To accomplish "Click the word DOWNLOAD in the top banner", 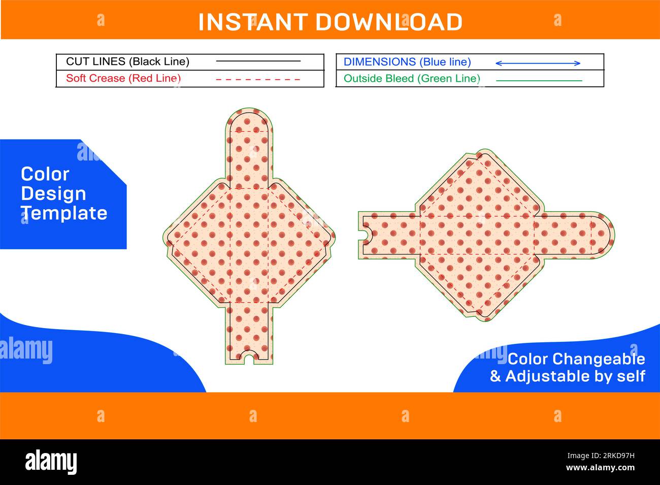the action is click(x=389, y=22).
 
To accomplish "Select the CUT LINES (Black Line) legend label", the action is click(x=127, y=61).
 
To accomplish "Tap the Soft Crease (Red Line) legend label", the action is click(x=123, y=78).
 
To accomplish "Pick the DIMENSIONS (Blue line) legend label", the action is click(x=407, y=62).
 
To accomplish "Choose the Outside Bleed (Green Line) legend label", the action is click(x=412, y=79).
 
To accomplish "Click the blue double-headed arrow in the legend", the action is click(x=538, y=63).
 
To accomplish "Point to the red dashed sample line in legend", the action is click(x=258, y=80).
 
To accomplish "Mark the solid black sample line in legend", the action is click(x=258, y=61).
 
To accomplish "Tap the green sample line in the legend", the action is click(x=539, y=80).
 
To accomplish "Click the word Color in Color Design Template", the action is click(x=45, y=174).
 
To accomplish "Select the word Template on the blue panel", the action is click(x=64, y=213).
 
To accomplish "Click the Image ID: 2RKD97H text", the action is click(x=601, y=456).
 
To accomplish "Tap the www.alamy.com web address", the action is click(x=601, y=468).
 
